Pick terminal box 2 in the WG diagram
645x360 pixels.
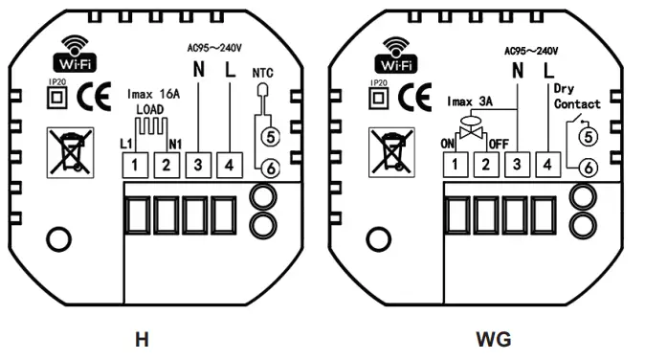point(485,166)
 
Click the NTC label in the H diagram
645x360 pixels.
point(263,72)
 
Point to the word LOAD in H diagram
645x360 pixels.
point(149,109)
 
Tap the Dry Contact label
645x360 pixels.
point(577,96)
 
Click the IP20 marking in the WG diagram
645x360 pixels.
point(378,84)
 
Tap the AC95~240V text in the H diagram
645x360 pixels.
point(213,45)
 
